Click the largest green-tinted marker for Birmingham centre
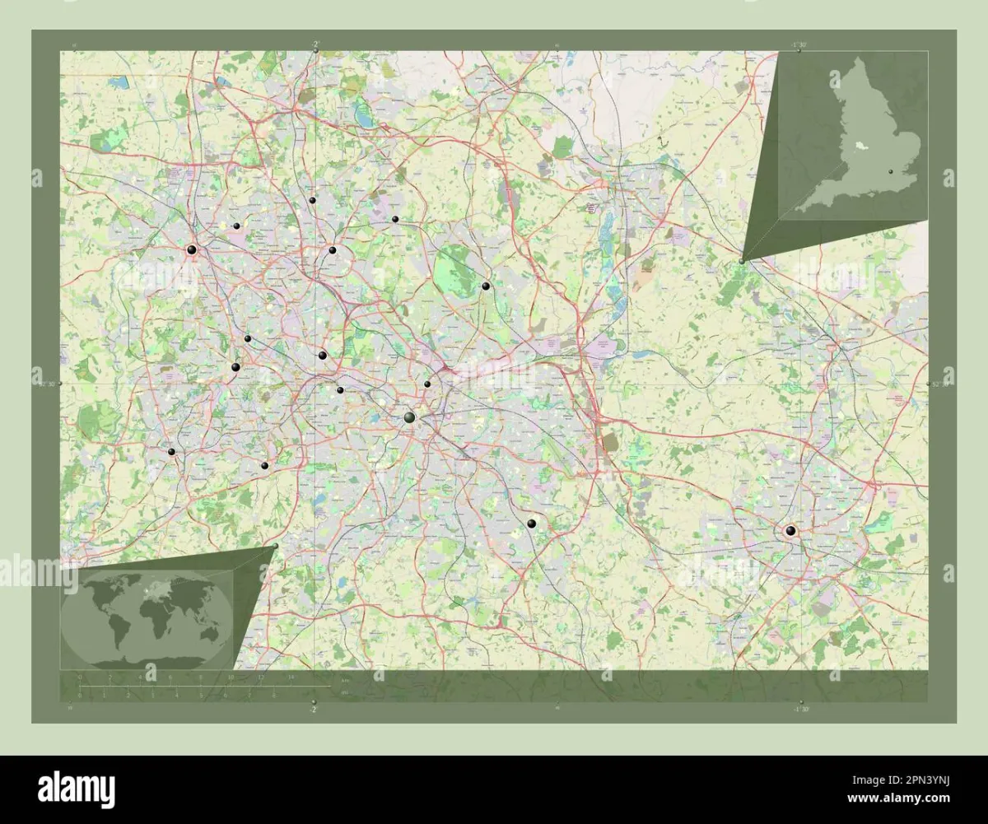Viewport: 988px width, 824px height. point(409,418)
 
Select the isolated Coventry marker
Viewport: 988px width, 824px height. point(790,531)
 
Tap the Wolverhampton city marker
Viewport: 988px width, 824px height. point(191,249)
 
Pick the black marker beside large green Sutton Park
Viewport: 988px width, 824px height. point(486,286)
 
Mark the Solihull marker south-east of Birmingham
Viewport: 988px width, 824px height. point(532,523)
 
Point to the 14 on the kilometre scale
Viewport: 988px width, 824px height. point(291,677)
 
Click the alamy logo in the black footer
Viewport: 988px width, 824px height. point(77,789)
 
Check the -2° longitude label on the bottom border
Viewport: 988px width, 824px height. point(313,708)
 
